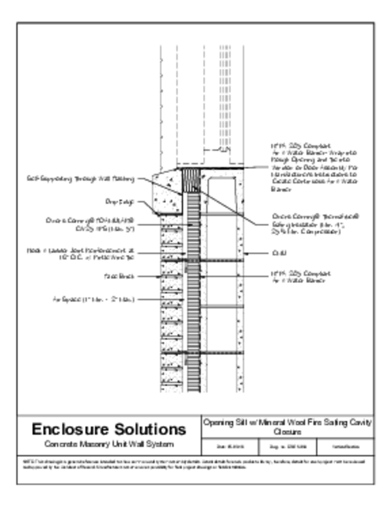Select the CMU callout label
point(276,254)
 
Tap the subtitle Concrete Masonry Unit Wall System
point(109,444)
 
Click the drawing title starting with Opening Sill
point(288,427)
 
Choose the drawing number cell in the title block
point(288,447)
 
